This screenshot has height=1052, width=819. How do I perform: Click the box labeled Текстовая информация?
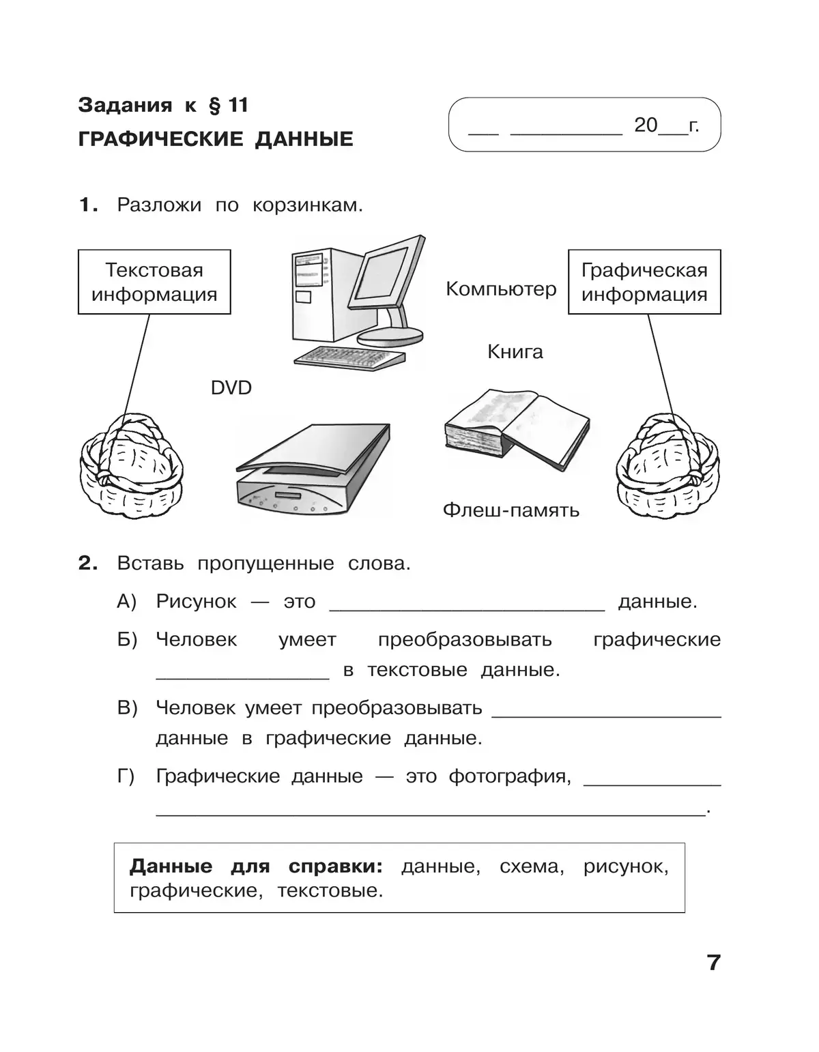pos(154,282)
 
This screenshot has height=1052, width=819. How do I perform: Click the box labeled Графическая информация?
pos(644,282)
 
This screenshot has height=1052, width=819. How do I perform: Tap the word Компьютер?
pos(501,289)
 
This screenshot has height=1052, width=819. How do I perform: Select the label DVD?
pos(231,388)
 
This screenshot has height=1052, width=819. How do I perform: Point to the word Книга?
pos(515,352)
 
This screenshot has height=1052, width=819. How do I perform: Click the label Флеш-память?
pos(511,510)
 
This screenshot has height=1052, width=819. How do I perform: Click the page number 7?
pos(713,963)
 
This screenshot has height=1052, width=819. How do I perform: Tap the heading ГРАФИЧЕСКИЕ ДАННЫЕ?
pos(216,139)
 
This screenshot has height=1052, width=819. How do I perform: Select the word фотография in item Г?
pos(509,776)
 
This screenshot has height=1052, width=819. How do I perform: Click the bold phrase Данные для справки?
pos(256,866)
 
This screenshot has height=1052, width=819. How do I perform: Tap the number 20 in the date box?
pos(646,125)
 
